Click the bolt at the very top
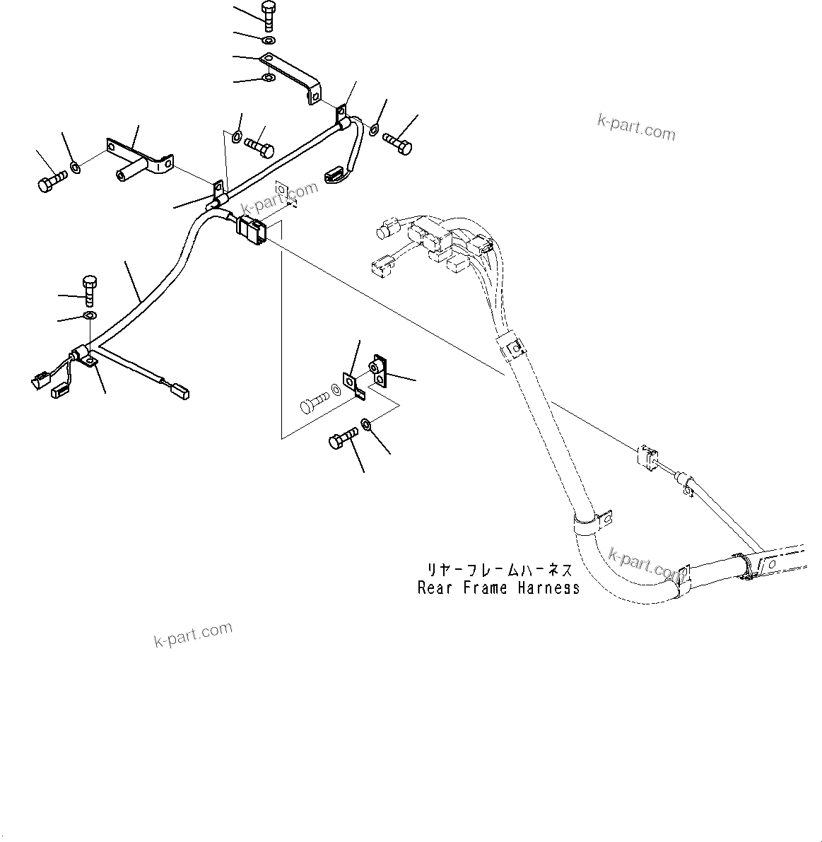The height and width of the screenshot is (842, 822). click(x=269, y=14)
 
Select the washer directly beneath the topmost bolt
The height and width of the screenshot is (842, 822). click(x=269, y=40)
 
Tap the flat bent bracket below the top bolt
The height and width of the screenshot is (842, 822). click(x=293, y=75)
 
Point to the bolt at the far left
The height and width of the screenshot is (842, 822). click(x=49, y=178)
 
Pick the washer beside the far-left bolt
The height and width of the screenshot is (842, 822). click(x=75, y=168)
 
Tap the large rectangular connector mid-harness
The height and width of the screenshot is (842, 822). click(x=252, y=230)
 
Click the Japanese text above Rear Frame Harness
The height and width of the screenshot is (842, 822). click(x=498, y=569)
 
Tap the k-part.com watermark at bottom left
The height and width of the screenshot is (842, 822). click(x=192, y=635)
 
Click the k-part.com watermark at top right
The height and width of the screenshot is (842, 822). click(x=636, y=128)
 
